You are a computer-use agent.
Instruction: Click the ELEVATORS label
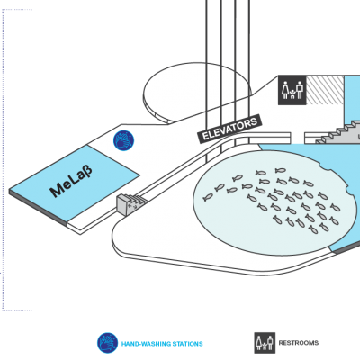coord(229,130)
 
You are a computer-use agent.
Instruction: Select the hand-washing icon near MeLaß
coord(123,140)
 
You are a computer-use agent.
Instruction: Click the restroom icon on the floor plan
coord(292,90)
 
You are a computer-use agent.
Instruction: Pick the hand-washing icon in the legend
coord(107,343)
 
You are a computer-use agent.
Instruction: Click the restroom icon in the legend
coord(265,343)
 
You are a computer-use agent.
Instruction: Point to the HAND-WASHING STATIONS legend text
coord(162,344)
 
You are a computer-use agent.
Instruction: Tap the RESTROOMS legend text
coord(299,343)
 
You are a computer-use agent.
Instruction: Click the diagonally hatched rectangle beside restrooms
coord(325,90)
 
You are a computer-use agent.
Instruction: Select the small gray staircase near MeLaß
coord(130,203)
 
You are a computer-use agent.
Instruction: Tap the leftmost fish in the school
coord(208,197)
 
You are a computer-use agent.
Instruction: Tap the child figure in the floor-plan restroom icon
coord(292,94)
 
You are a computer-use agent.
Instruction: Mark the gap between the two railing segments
coord(298,138)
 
